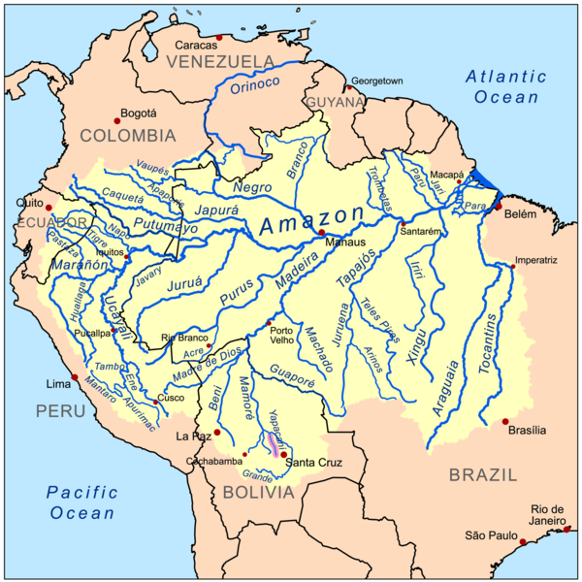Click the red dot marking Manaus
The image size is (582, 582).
pyautogui.click(x=321, y=233)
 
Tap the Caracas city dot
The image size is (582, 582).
pyautogui.click(x=220, y=38)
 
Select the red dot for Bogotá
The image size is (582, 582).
pyautogui.click(x=117, y=120)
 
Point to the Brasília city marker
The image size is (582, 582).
pyautogui.click(x=504, y=421)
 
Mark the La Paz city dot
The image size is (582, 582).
pyautogui.click(x=217, y=433)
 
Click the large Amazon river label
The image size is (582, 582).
pyautogui.click(x=311, y=221)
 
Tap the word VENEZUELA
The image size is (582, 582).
pyautogui.click(x=221, y=62)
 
